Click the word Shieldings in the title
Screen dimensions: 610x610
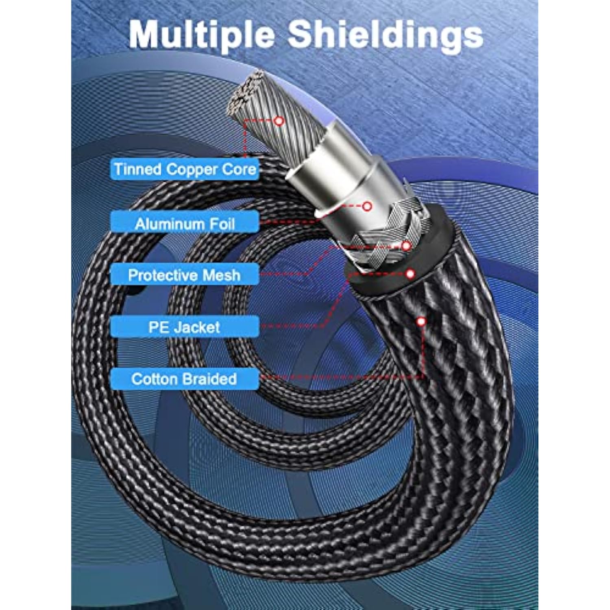click(385, 35)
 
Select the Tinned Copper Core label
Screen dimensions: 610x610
click(185, 169)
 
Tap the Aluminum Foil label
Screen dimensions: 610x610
click(185, 224)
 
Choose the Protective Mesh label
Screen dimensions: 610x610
click(184, 275)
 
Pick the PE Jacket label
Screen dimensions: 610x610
click(184, 327)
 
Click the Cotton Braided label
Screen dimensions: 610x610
click(184, 379)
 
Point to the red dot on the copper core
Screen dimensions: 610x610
click(279, 121)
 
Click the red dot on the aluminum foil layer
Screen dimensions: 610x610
click(367, 206)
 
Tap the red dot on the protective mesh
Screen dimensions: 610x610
click(406, 246)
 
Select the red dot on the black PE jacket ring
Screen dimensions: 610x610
click(410, 274)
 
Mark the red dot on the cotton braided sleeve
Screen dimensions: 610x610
click(421, 322)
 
